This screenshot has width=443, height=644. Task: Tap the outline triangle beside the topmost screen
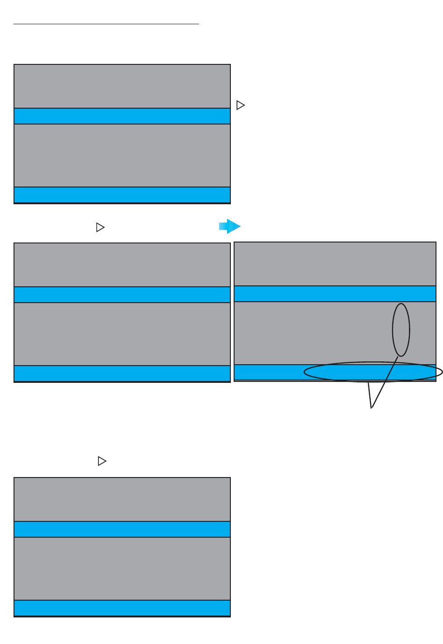[240, 105]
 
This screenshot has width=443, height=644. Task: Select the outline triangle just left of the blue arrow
[100, 227]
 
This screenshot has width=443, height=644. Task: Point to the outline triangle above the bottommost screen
[102, 461]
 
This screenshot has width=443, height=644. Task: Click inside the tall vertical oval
[401, 329]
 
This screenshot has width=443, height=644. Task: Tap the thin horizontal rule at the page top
[106, 23]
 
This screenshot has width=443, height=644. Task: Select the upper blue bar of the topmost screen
[122, 116]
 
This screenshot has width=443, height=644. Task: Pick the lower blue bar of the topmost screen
[122, 194]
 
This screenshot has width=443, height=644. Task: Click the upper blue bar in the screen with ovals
[335, 294]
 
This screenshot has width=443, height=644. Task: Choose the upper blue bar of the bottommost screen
[122, 529]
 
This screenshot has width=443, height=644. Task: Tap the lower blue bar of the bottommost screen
[122, 608]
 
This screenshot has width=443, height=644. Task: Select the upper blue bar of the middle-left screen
[122, 295]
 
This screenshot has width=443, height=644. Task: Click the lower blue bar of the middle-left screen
[122, 373]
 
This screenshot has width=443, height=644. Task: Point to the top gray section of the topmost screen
[122, 86]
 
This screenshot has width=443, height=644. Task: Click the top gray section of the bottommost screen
[122, 499]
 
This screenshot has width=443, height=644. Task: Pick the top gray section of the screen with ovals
[335, 264]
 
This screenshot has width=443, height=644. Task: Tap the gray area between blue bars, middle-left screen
[122, 334]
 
